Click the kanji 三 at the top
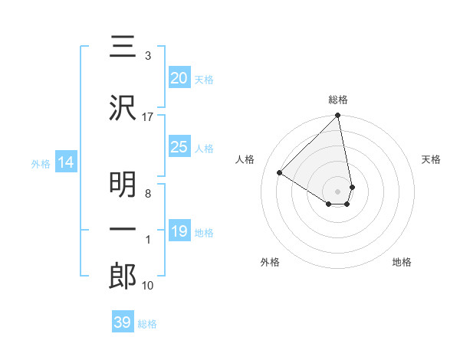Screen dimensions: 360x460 click(x=123, y=48)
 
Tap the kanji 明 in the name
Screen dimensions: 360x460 click(x=123, y=184)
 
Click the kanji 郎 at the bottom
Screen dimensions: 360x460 click(x=123, y=277)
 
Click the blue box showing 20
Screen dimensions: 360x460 click(x=179, y=78)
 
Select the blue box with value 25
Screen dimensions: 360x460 click(x=179, y=147)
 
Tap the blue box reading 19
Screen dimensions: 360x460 click(x=179, y=231)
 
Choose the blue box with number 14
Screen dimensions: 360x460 click(x=65, y=162)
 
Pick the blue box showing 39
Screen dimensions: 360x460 click(x=122, y=322)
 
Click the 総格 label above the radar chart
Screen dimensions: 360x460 click(x=338, y=100)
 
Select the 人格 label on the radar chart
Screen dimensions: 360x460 click(x=245, y=159)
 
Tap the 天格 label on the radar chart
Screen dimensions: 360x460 click(x=431, y=159)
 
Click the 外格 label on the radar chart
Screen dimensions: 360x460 click(x=270, y=262)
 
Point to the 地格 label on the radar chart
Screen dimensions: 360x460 click(x=402, y=262)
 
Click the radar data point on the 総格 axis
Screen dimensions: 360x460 click(x=337, y=116)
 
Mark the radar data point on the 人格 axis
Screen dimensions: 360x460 click(x=280, y=173)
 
